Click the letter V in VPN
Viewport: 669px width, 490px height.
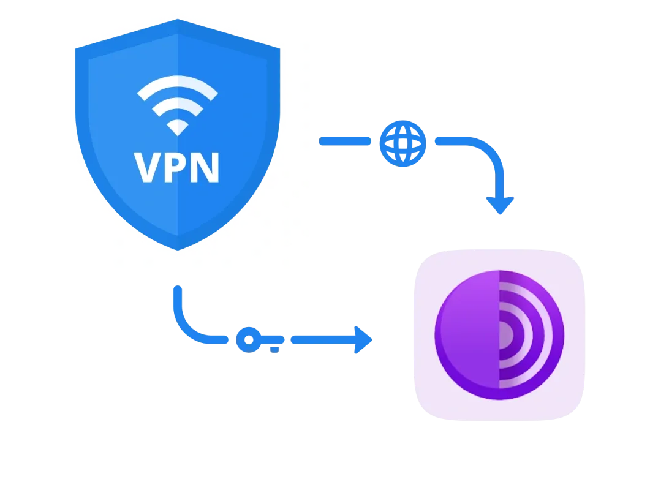(x=148, y=167)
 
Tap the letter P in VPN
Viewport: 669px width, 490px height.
(x=178, y=167)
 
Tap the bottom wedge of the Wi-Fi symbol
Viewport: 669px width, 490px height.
(x=178, y=127)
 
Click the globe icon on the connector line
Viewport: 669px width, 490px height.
(x=402, y=142)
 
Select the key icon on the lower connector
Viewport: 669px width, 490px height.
(x=256, y=340)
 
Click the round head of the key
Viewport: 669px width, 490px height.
(x=248, y=339)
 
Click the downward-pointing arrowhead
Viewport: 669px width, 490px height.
(x=500, y=205)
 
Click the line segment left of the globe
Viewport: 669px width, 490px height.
(x=344, y=141)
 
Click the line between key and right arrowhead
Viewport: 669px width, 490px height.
(x=321, y=340)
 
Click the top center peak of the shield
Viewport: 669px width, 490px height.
(x=178, y=21)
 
